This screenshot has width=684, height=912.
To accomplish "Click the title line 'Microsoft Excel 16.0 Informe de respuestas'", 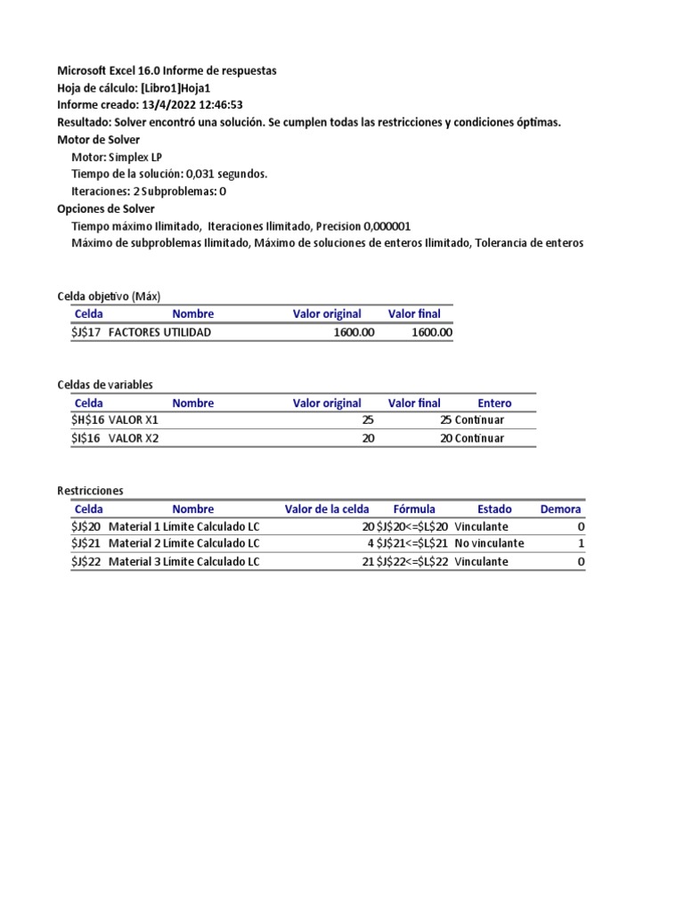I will (167, 70).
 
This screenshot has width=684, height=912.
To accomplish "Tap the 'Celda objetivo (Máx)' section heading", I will (109, 296).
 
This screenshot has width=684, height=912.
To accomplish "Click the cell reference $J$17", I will (86, 332).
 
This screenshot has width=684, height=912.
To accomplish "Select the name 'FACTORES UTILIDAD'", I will (160, 332).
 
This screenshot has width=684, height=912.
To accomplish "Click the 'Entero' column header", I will (494, 403).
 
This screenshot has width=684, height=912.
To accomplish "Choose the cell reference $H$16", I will (87, 420).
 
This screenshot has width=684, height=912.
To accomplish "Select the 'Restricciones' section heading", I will (90, 491).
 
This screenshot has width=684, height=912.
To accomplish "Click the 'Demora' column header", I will (560, 509).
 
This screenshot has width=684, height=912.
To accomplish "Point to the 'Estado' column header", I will (494, 509).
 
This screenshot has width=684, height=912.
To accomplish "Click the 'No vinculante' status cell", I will (489, 543).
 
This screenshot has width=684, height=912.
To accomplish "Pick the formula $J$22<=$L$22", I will (412, 562).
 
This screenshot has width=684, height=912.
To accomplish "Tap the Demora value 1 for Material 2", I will (581, 543).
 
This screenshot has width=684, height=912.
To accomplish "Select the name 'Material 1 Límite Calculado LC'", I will (183, 526).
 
